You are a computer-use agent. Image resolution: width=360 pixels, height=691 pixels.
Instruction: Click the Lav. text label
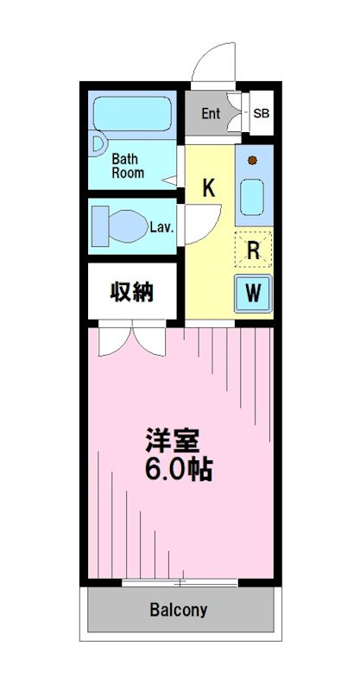(162, 228)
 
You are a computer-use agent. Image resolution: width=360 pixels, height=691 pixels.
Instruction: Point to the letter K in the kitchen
(208, 187)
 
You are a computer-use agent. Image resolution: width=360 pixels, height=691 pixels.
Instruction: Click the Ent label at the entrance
(211, 113)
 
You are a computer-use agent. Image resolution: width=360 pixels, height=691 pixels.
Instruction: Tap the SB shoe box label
(261, 113)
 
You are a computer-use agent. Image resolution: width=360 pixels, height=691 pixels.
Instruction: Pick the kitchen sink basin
(254, 198)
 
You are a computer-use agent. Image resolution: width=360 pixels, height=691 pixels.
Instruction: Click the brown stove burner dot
(252, 160)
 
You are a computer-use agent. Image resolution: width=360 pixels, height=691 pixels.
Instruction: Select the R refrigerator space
(254, 250)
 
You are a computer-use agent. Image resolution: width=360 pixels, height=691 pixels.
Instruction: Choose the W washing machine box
(253, 293)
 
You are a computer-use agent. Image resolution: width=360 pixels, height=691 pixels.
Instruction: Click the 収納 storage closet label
(131, 292)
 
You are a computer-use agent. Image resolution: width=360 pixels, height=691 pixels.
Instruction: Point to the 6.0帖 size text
(178, 471)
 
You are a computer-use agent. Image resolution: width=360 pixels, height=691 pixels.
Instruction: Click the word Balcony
(179, 610)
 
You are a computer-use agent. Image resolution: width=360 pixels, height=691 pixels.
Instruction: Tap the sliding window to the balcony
(179, 583)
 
